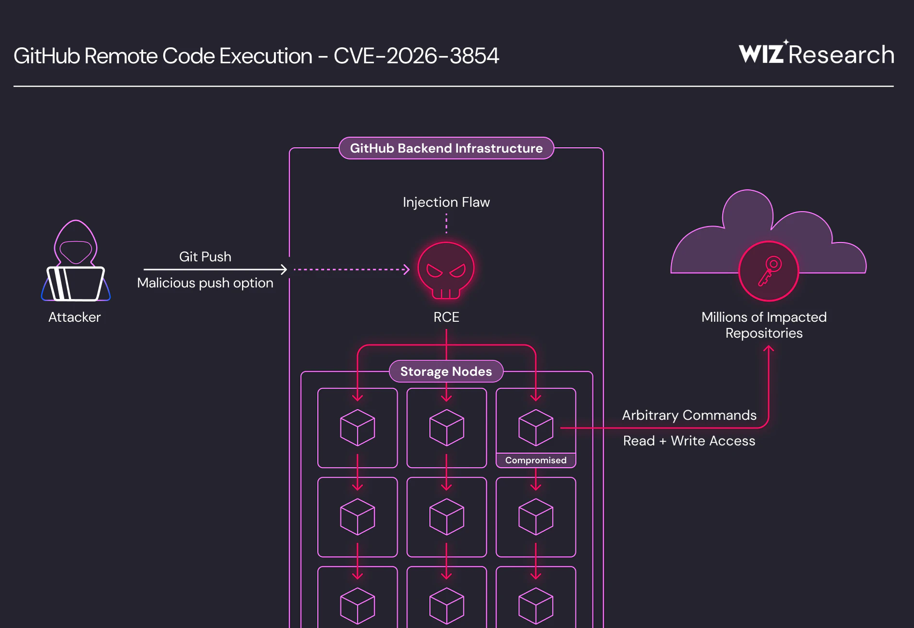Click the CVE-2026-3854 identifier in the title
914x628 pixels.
tap(416, 56)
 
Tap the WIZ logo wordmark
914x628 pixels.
tap(761, 54)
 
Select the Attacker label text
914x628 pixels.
tap(74, 317)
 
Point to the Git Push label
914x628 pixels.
tap(205, 257)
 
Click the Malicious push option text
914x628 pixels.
tap(205, 283)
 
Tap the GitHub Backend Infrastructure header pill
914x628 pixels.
tap(446, 148)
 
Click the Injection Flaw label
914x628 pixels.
tap(446, 202)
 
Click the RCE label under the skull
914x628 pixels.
tap(446, 317)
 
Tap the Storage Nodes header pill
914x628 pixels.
tap(446, 371)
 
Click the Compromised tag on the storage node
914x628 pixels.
tap(536, 460)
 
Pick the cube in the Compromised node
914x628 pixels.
tap(536, 428)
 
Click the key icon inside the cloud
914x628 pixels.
tap(769, 271)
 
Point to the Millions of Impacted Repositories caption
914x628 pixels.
tap(764, 325)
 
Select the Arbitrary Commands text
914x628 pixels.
tap(689, 415)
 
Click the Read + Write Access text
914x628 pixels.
tap(689, 441)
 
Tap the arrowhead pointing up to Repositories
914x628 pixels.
tap(769, 349)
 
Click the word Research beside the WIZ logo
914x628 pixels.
tap(841, 55)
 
